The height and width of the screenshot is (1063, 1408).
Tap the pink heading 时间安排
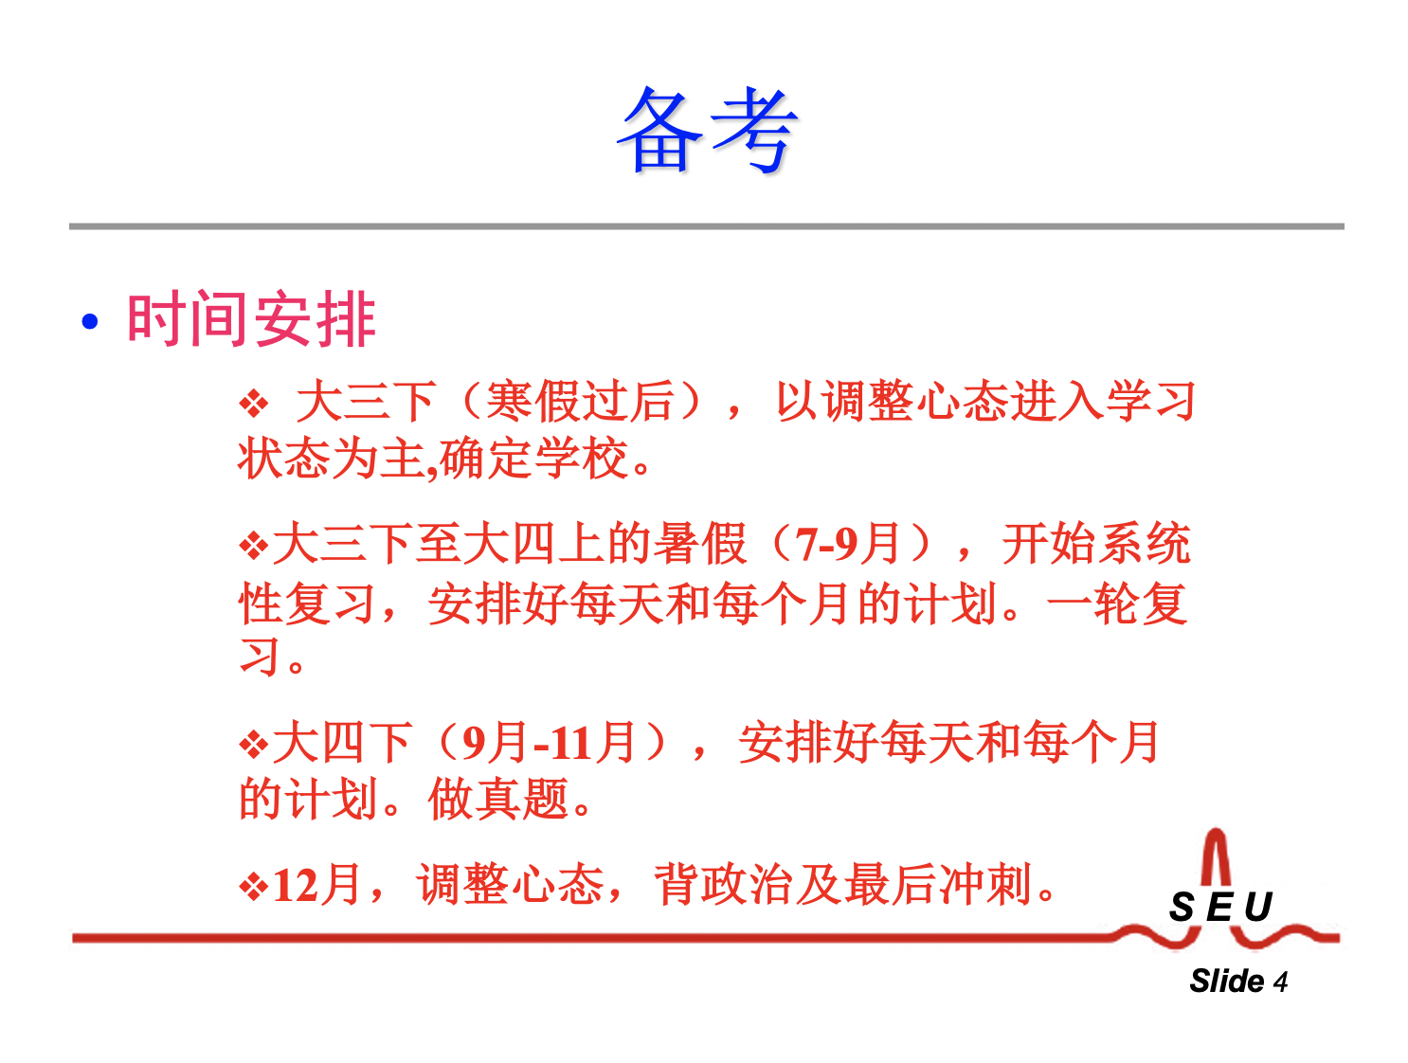[x=251, y=318]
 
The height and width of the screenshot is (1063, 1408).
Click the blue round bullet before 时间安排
[x=90, y=320]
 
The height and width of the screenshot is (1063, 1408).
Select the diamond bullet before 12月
[x=253, y=887]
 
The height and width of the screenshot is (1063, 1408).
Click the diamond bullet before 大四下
[x=253, y=745]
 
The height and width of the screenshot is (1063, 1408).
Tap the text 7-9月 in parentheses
[x=847, y=545]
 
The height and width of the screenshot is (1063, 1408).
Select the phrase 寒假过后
[x=580, y=402]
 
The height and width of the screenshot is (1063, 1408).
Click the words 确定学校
[x=533, y=459]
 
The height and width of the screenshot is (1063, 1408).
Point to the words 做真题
[x=498, y=800]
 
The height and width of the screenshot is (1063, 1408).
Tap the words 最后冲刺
[x=937, y=885]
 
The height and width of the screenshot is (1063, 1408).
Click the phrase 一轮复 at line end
[x=1117, y=604]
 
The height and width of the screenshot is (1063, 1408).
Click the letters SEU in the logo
[x=1220, y=907]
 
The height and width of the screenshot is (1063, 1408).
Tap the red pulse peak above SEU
[x=1216, y=835]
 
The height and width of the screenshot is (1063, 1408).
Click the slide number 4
[x=1280, y=982]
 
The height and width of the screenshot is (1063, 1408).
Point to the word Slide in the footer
[x=1226, y=981]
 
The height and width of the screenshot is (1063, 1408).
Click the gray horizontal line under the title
[x=706, y=226]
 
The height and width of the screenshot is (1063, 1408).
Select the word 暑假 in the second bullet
[x=700, y=545]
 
